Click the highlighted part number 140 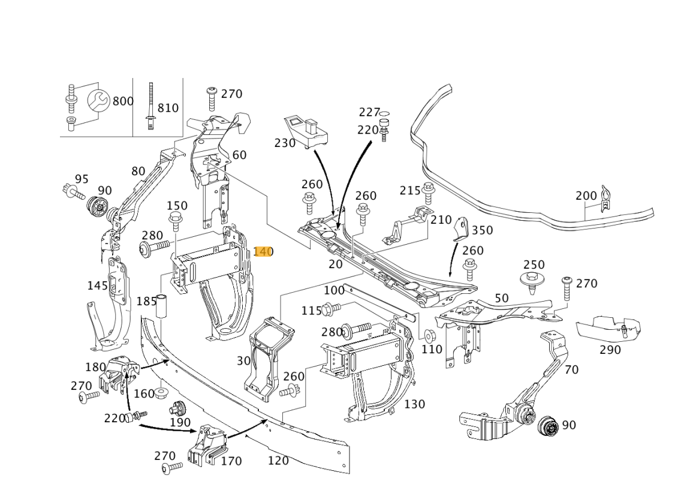[x=263, y=251]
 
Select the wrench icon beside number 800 [x=99, y=101]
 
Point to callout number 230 [x=285, y=143]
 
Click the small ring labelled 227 [x=385, y=113]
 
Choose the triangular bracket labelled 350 [x=462, y=229]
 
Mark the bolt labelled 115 [x=330, y=309]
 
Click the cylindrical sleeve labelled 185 [x=162, y=306]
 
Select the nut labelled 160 [x=161, y=393]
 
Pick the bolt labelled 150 [x=176, y=221]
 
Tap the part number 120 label [x=278, y=461]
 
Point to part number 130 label [x=414, y=404]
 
